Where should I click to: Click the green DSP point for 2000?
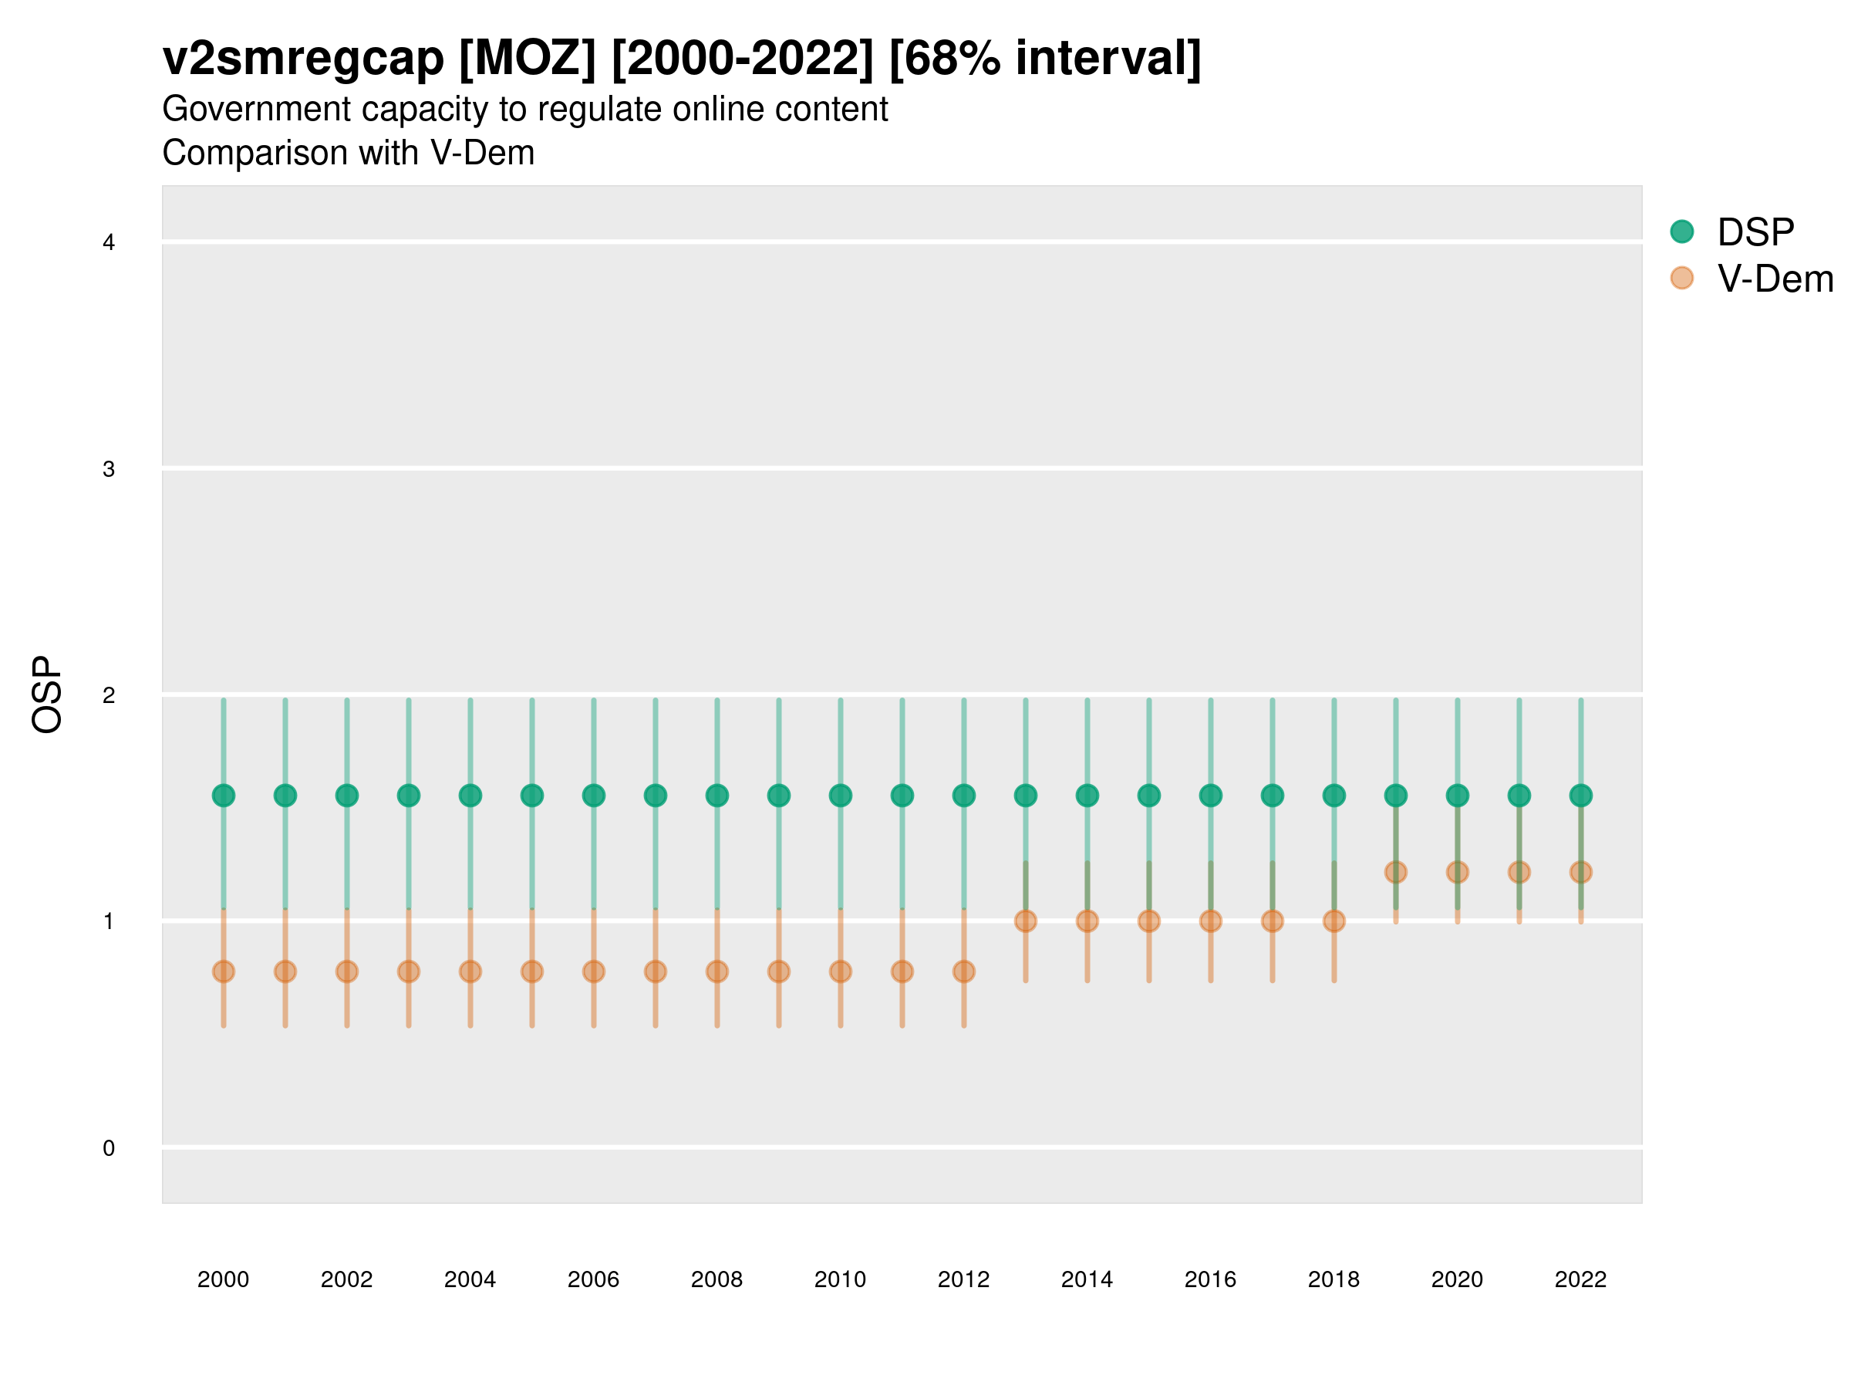(x=224, y=796)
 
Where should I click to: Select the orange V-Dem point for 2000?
(x=224, y=972)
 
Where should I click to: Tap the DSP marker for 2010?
(x=840, y=796)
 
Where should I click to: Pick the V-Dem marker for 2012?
(x=964, y=972)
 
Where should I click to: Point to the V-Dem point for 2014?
(x=1087, y=921)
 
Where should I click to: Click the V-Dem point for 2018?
(x=1333, y=921)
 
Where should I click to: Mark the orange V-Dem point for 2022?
(x=1581, y=873)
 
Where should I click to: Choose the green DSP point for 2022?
(x=1581, y=796)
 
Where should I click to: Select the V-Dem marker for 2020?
(x=1458, y=873)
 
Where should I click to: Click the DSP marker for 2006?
(x=593, y=796)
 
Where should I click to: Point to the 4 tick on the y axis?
(x=109, y=243)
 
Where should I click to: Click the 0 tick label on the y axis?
(x=109, y=1148)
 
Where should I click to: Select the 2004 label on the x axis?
(x=470, y=1279)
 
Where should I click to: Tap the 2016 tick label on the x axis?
(x=1211, y=1279)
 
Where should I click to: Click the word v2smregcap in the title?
(x=303, y=59)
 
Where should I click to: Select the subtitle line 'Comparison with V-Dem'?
(x=348, y=154)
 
